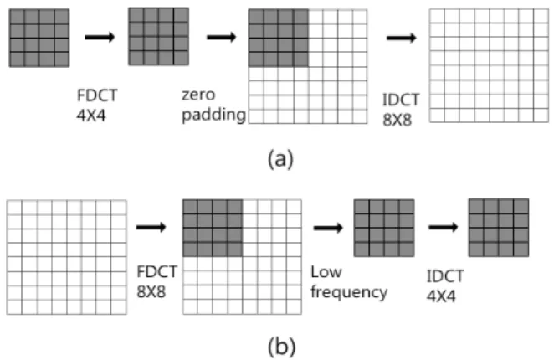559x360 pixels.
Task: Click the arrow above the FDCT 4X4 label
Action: (100, 37)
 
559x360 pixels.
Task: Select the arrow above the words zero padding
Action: (222, 37)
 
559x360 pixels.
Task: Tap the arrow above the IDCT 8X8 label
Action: (402, 38)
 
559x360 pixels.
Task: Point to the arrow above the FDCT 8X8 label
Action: (151, 227)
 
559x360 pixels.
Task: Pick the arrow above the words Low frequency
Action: (328, 227)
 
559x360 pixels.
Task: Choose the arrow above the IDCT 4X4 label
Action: (444, 227)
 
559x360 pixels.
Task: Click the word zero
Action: (198, 95)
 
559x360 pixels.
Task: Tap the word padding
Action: (214, 116)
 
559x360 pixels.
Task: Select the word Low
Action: (326, 272)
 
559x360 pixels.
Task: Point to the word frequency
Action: (349, 292)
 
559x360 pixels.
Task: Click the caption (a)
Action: (281, 159)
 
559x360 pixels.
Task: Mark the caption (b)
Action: (282, 347)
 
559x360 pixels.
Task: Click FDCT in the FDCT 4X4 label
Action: (97, 95)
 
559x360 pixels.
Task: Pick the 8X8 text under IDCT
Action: (397, 120)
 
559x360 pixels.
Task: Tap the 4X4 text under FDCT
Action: (91, 116)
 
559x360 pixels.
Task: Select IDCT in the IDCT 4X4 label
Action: (445, 276)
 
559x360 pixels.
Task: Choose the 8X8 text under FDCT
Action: (151, 292)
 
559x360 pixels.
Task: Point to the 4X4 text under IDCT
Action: (441, 296)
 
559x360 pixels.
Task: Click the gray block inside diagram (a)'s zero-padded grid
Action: (279, 39)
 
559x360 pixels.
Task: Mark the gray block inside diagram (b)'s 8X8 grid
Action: (213, 228)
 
